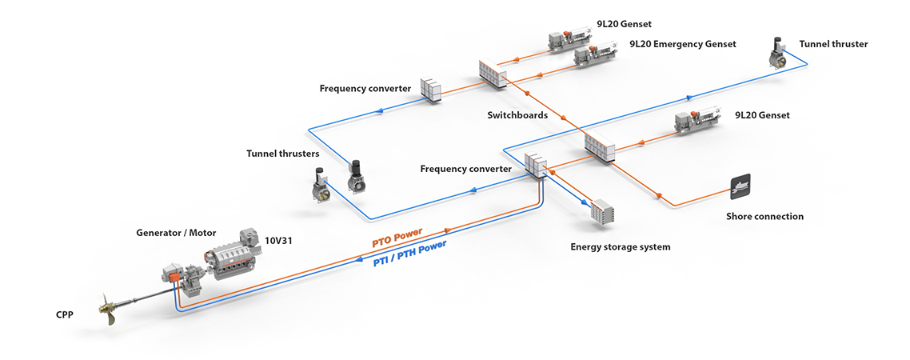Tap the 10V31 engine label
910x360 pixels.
pyautogui.click(x=279, y=238)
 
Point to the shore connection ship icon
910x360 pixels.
pyautogui.click(x=740, y=186)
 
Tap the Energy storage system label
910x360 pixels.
pyautogui.click(x=620, y=247)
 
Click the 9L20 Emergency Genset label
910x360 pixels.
pyautogui.click(x=682, y=44)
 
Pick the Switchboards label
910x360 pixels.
pyautogui.click(x=517, y=115)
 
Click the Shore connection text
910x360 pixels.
pyautogui.click(x=764, y=217)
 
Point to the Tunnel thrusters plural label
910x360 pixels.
pyautogui.click(x=282, y=154)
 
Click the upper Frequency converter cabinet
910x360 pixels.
pyautogui.click(x=431, y=90)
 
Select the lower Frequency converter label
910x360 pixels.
pyautogui.click(x=465, y=170)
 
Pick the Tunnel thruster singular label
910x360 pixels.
pyautogui.click(x=833, y=44)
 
